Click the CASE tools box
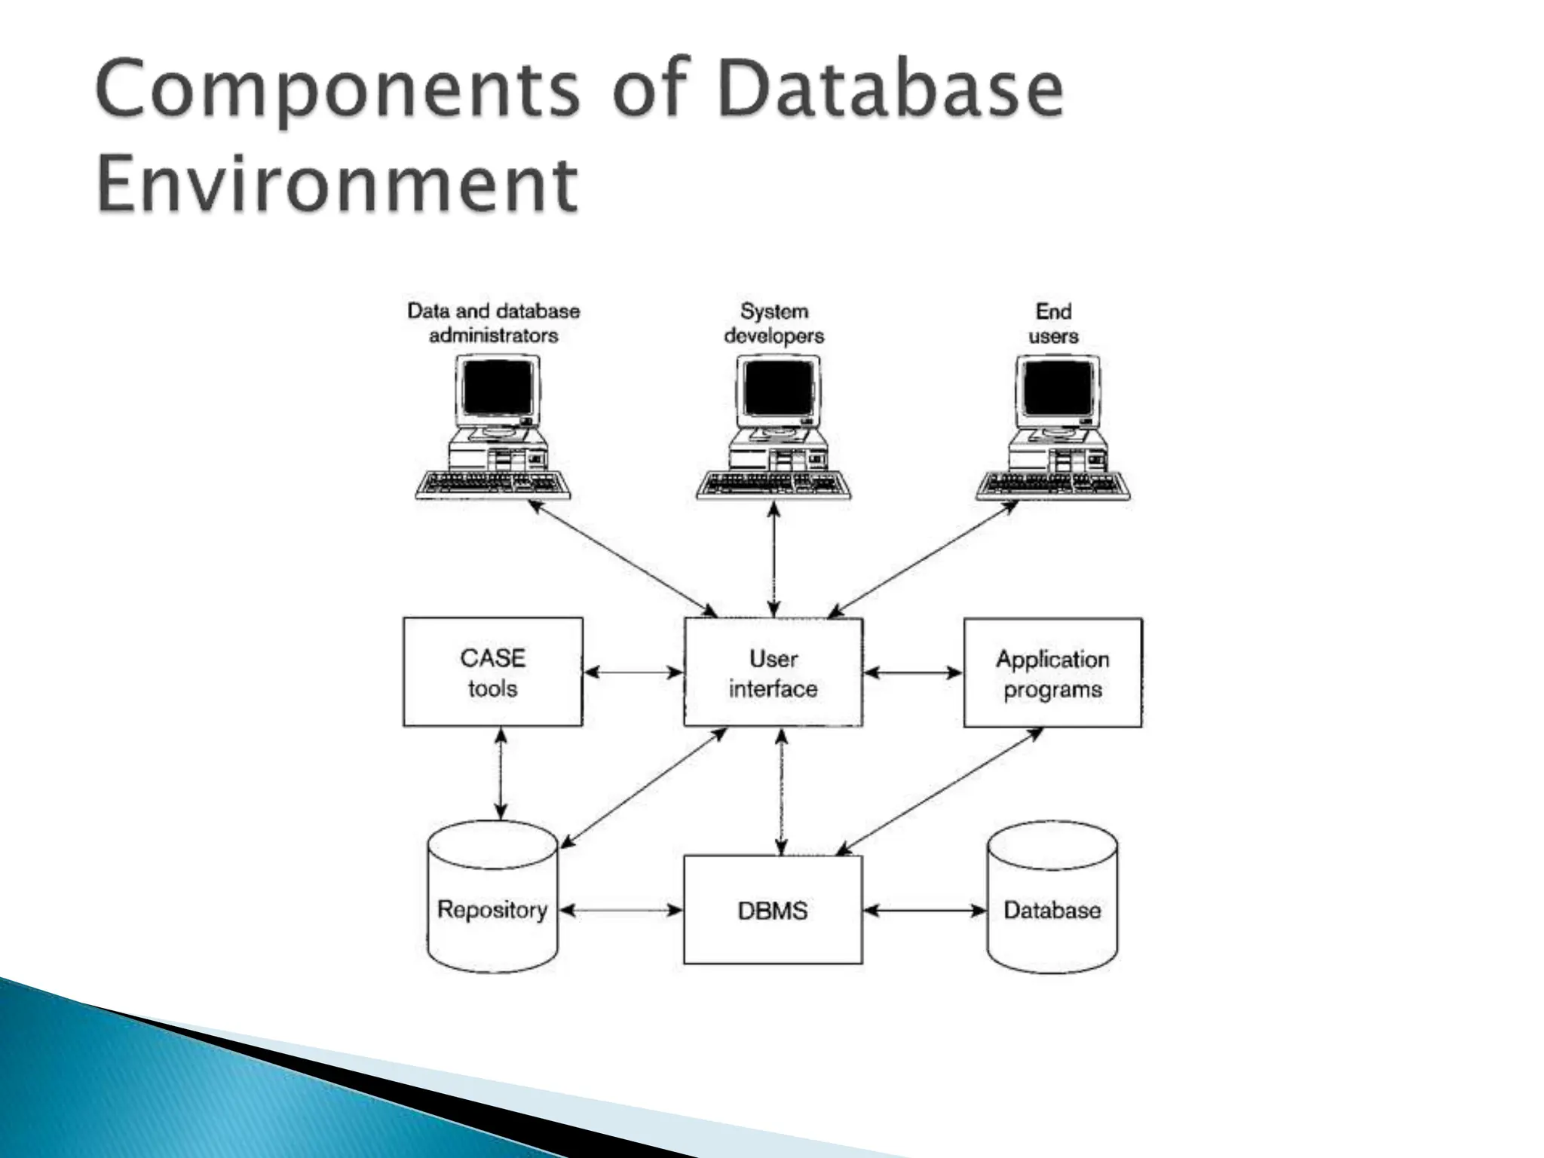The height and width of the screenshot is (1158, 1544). pyautogui.click(x=492, y=672)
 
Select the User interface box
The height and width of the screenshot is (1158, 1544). pyautogui.click(x=773, y=672)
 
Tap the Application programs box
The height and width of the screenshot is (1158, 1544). pyautogui.click(x=1052, y=673)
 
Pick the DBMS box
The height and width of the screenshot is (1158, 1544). pyautogui.click(x=773, y=910)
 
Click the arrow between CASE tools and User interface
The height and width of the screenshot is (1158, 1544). pyautogui.click(x=633, y=672)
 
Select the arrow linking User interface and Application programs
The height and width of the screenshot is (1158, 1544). pyautogui.click(x=913, y=672)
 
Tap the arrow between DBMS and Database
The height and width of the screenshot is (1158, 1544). pyautogui.click(x=924, y=911)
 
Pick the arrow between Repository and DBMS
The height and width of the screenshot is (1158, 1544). pyautogui.click(x=620, y=911)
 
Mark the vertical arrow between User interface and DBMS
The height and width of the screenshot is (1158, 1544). pyautogui.click(x=781, y=791)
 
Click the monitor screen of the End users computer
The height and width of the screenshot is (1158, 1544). pyautogui.click(x=1055, y=388)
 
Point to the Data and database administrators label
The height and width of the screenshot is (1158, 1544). pyautogui.click(x=494, y=323)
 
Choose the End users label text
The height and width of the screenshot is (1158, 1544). pyautogui.click(x=1053, y=323)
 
